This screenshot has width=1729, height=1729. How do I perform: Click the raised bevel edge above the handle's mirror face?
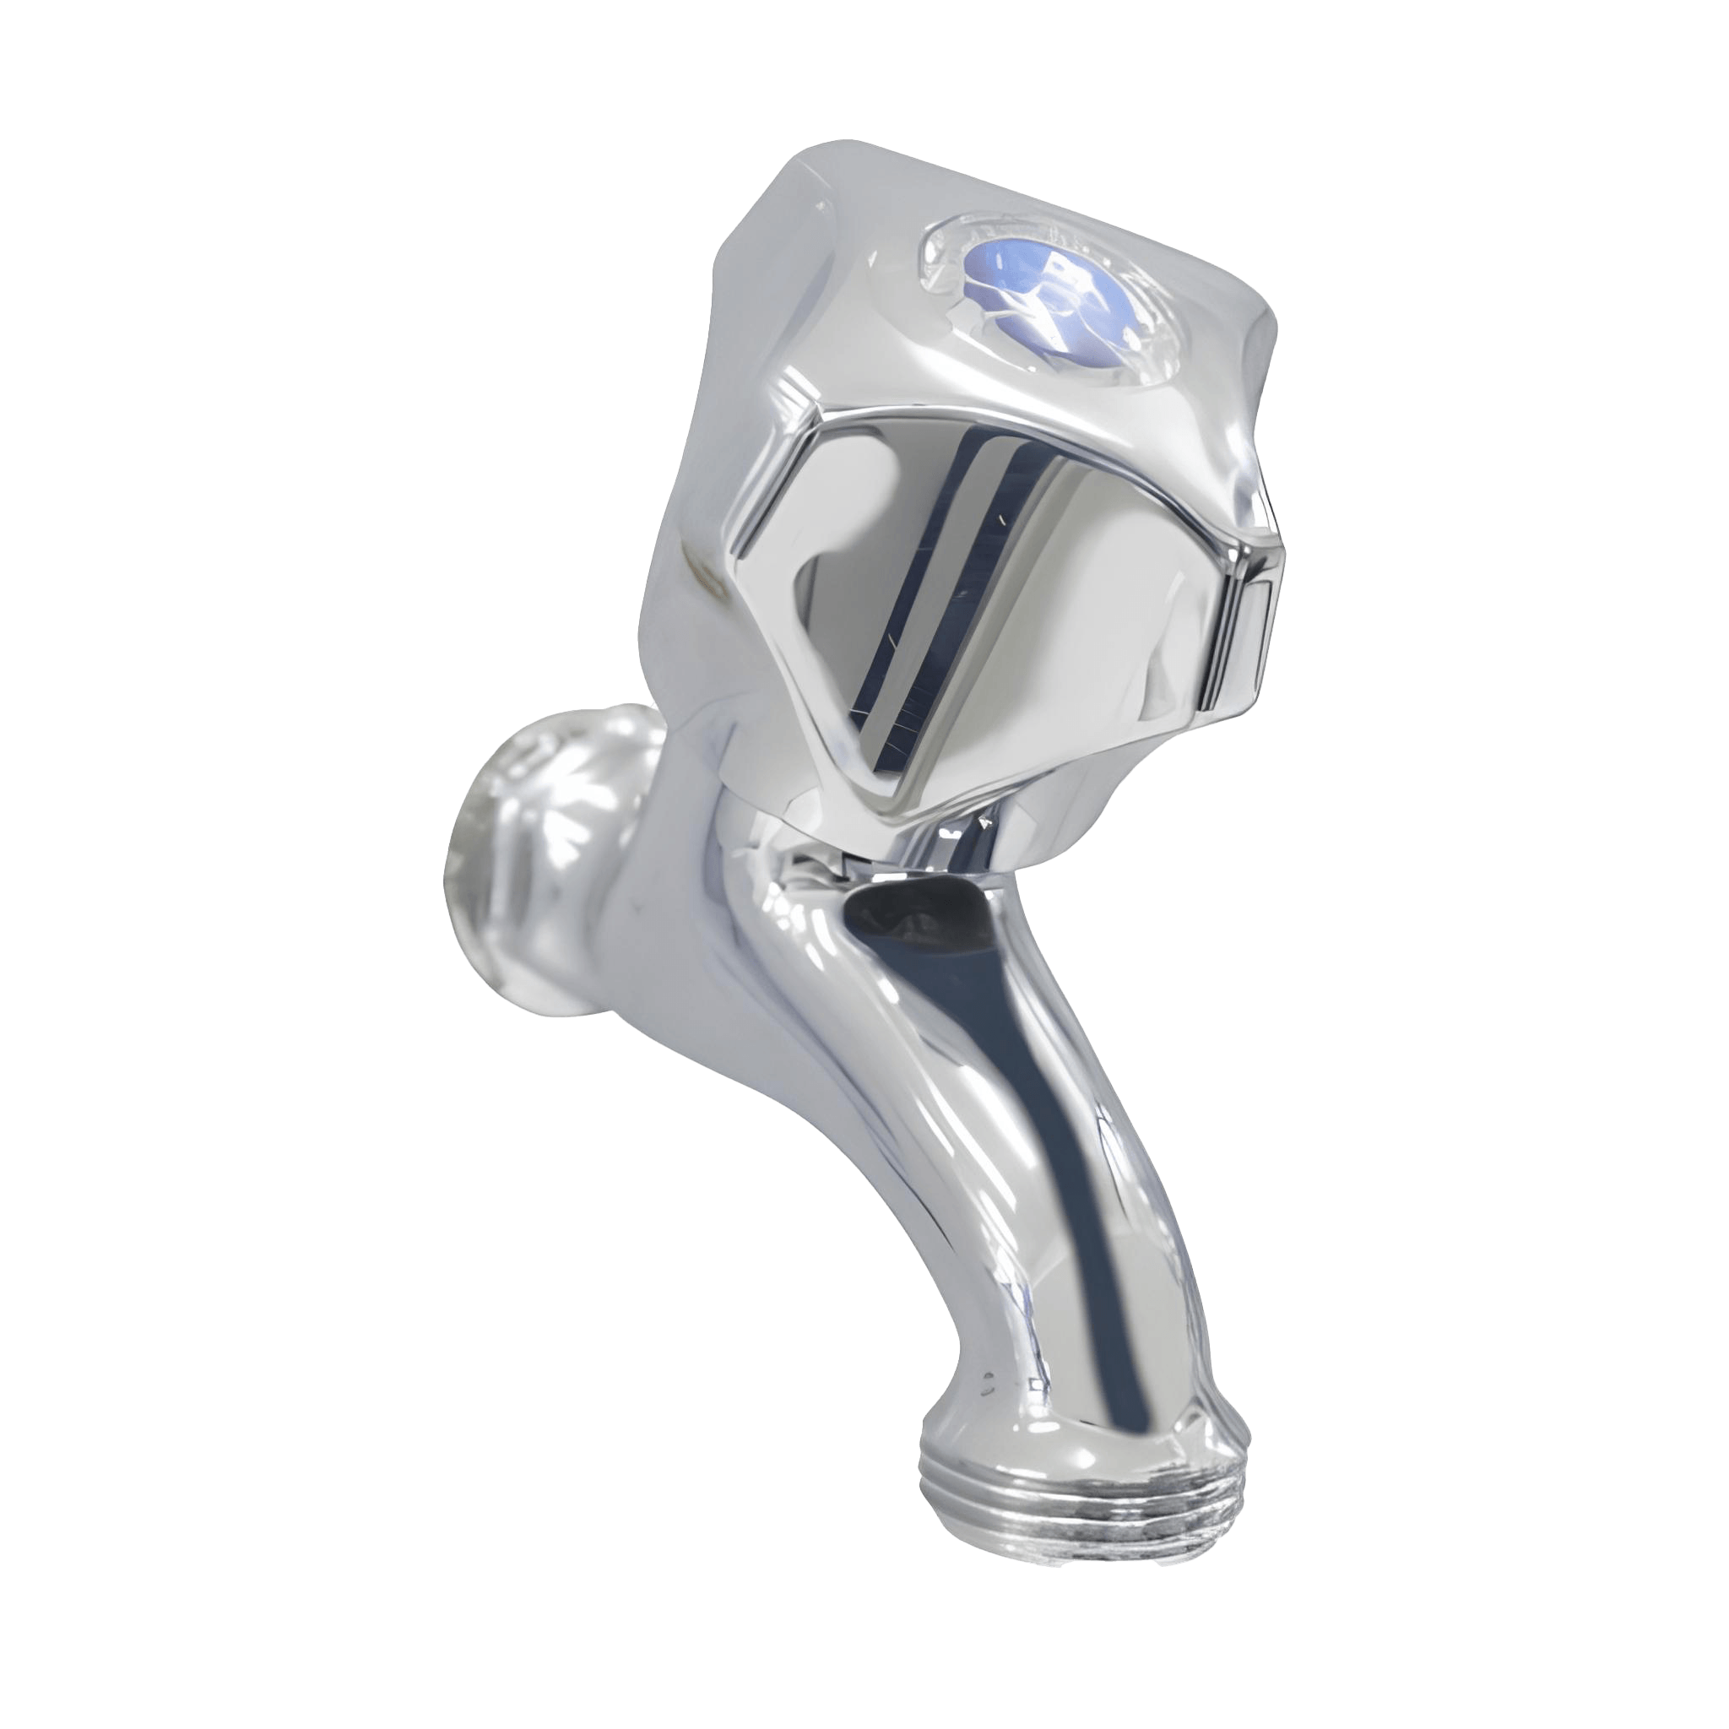pos(984,420)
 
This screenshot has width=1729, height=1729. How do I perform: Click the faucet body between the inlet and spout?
pos(680,895)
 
